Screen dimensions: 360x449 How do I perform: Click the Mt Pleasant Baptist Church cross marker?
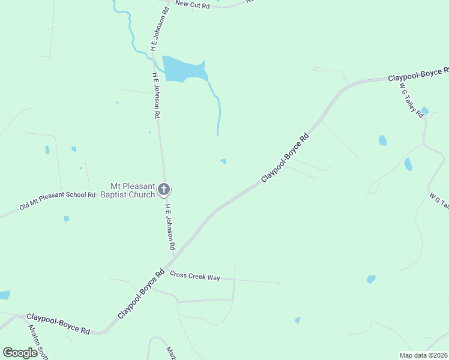click(x=164, y=190)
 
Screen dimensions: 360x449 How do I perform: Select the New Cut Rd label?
click(x=192, y=4)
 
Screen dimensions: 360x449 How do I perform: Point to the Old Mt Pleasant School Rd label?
click(x=57, y=201)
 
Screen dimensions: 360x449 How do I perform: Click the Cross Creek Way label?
click(x=195, y=276)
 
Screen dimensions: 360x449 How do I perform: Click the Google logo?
click(x=20, y=353)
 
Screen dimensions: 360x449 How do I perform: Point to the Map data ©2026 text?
click(x=423, y=355)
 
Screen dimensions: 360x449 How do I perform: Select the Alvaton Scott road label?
click(x=37, y=342)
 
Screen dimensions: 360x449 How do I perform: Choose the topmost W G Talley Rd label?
click(x=412, y=100)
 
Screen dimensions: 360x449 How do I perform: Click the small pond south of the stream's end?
click(x=223, y=161)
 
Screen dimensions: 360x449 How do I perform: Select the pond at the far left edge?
click(x=4, y=295)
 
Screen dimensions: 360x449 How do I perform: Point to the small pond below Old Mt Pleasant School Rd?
click(x=66, y=219)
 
